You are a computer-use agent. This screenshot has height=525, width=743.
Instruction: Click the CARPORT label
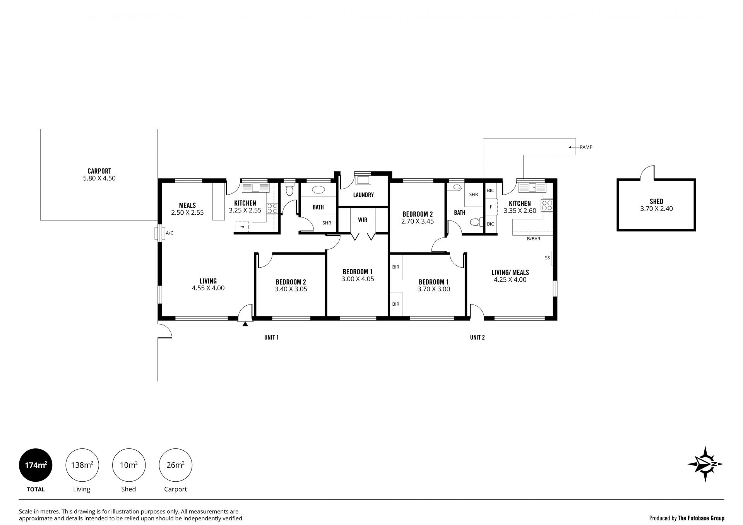click(99, 171)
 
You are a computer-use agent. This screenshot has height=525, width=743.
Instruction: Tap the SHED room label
click(656, 201)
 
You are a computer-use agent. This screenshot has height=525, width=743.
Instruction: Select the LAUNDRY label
click(363, 195)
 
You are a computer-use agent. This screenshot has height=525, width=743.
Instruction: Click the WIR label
click(363, 220)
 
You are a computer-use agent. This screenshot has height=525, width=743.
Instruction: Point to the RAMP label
click(586, 147)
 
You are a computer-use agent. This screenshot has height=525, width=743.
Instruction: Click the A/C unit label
click(169, 233)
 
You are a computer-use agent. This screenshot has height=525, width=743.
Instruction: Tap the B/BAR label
click(534, 239)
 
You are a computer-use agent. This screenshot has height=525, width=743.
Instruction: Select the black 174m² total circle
click(36, 465)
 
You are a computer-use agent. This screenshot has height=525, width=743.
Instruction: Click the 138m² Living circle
click(82, 465)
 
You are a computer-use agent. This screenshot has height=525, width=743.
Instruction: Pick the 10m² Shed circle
click(128, 465)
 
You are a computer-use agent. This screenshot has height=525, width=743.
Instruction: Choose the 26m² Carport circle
click(175, 465)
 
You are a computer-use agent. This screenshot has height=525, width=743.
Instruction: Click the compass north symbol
click(705, 464)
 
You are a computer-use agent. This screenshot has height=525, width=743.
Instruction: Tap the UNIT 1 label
click(271, 337)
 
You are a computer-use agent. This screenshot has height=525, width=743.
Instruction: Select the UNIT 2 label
click(477, 337)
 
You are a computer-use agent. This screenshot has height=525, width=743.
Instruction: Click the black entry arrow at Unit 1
click(245, 324)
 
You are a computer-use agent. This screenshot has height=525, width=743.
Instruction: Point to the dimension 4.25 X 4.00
click(510, 280)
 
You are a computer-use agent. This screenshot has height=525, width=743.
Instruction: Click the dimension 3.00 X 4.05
click(358, 279)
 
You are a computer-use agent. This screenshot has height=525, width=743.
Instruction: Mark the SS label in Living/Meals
click(547, 258)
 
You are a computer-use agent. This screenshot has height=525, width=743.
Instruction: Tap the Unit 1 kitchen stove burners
click(272, 209)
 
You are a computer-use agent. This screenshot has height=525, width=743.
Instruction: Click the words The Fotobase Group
click(701, 518)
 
